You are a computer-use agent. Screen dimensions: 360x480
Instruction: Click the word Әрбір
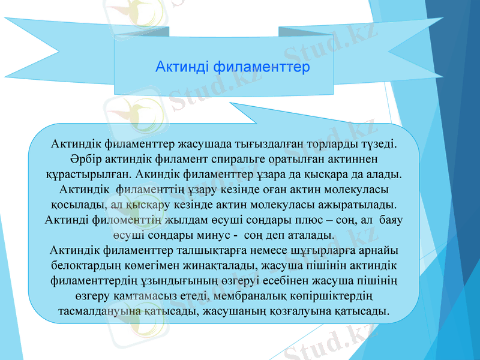click(77, 159)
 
